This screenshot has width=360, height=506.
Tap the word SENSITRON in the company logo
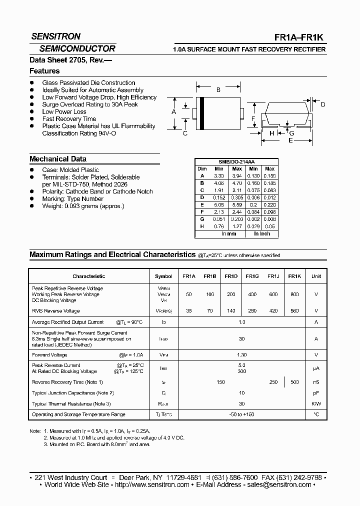coord(55,37)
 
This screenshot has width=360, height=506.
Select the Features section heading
coord(44,71)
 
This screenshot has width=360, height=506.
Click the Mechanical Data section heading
coord(58,159)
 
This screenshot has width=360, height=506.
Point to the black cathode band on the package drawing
coord(201,112)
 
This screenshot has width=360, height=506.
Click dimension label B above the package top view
coord(218,90)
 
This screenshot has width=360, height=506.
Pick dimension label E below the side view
coord(290,140)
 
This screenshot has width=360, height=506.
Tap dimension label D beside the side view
coord(323,104)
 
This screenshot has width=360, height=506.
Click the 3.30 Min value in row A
coord(219,176)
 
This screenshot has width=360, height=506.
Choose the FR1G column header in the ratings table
coord(251,276)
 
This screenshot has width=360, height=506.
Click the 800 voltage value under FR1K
coord(294,294)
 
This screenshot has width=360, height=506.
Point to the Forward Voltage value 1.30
coord(242,355)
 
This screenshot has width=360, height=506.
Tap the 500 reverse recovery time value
coord(294,382)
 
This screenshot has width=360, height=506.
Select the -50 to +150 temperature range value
coord(242,414)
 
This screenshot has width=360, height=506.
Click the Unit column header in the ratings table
coord(316,276)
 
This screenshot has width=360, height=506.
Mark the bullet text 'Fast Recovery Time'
coord(69,119)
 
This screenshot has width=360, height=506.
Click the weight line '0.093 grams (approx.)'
coord(83,206)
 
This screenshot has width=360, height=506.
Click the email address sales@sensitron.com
coord(277,484)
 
